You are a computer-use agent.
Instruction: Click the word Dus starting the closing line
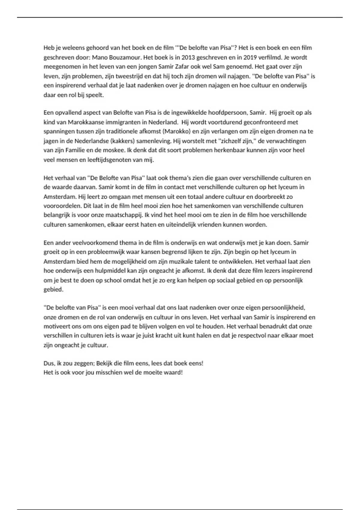click(49, 363)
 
